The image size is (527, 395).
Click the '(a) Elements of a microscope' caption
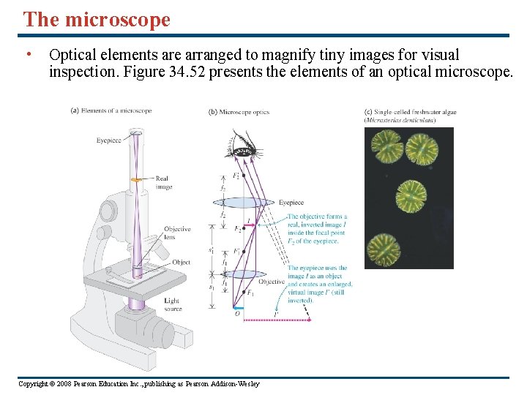click(x=111, y=110)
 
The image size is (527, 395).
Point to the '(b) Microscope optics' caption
click(x=239, y=112)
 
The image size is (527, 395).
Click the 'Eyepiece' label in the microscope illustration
click(x=108, y=140)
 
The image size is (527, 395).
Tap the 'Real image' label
click(x=162, y=182)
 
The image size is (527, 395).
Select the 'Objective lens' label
click(x=177, y=233)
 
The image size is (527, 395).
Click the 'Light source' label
click(x=172, y=304)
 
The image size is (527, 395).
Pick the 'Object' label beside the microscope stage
click(x=181, y=262)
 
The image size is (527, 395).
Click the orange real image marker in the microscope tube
click(x=136, y=179)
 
